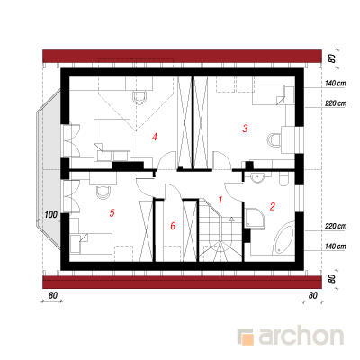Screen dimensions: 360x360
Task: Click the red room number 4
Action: click(x=155, y=138)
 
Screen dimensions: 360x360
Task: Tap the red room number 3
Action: click(x=245, y=129)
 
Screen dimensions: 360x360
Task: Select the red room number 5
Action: click(x=112, y=213)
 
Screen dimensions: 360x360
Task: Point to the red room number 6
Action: click(x=173, y=226)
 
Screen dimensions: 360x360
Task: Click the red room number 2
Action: click(x=273, y=207)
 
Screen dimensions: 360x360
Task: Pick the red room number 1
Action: click(x=220, y=200)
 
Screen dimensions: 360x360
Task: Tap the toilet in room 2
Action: click(x=283, y=178)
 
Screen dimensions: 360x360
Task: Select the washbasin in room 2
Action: click(x=257, y=177)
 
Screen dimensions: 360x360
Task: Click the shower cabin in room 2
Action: click(x=255, y=218)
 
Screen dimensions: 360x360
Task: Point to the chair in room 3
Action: click(x=274, y=139)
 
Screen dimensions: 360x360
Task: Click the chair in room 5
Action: click(x=103, y=192)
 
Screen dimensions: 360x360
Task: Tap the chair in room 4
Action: click(x=139, y=97)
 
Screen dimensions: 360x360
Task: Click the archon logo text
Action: click(x=301, y=337)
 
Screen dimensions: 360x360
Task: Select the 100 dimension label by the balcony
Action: click(x=51, y=215)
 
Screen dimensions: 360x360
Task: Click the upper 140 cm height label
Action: click(x=335, y=83)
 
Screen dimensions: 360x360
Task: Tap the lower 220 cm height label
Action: click(x=336, y=226)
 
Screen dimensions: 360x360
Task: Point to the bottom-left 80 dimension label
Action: click(x=53, y=295)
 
